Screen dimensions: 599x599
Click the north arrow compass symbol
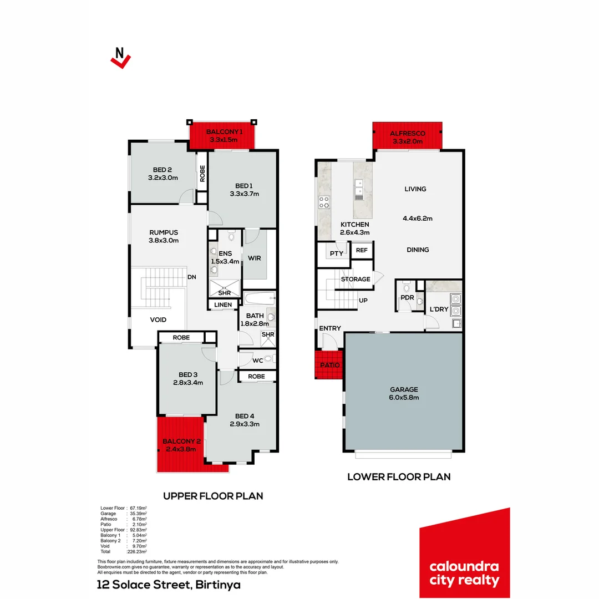coord(120,57)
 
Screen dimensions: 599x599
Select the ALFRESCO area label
coord(407,134)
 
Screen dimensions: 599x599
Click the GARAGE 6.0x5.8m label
coord(403,393)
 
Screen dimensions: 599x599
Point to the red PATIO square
coord(328,365)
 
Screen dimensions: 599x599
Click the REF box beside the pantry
coord(362,250)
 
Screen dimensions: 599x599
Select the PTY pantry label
coord(336,253)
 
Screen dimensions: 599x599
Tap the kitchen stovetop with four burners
coord(323,202)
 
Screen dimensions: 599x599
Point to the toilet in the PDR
coord(407,288)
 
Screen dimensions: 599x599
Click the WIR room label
coord(255,258)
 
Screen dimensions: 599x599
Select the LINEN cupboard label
coord(224,304)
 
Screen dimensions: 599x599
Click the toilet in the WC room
coord(268,359)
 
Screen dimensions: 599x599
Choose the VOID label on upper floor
coord(158,319)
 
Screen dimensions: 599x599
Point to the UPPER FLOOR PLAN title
coord(212,496)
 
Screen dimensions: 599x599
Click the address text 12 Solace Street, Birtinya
coord(168,585)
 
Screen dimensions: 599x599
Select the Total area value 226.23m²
coord(137,552)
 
